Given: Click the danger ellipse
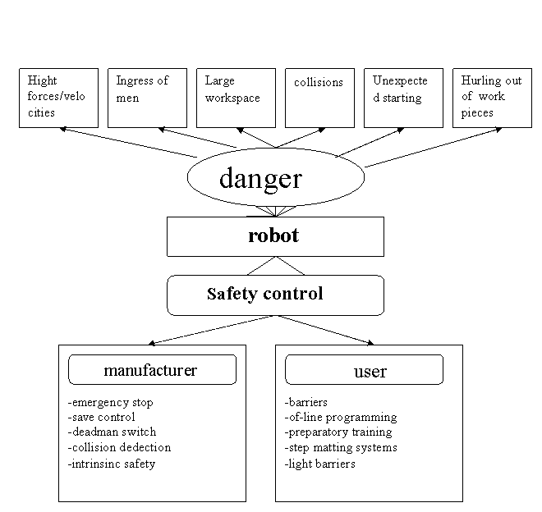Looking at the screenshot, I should point(275,178).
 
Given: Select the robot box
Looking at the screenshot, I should point(275,236).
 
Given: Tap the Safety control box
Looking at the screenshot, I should point(275,295).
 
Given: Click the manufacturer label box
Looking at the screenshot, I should point(152,370).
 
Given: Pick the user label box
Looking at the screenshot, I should point(364,370).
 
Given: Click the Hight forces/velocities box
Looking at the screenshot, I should point(58,98).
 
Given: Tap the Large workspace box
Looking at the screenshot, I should point(236,98).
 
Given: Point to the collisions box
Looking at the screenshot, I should point(319,98).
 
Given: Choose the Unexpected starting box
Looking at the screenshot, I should point(403,98).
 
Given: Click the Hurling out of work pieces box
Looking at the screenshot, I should point(492,98).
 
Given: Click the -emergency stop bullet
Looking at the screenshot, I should point(111,402).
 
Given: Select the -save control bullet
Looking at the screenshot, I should point(102,417).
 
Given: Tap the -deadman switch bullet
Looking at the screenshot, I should point(112,432).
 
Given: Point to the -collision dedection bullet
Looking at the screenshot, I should point(120,447).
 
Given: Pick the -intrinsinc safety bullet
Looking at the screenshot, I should point(112,464).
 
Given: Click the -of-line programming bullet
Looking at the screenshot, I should point(341,417).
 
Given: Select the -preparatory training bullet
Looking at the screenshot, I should point(338,432).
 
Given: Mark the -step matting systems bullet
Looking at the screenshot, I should point(341,447).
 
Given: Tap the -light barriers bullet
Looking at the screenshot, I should point(320,464).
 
